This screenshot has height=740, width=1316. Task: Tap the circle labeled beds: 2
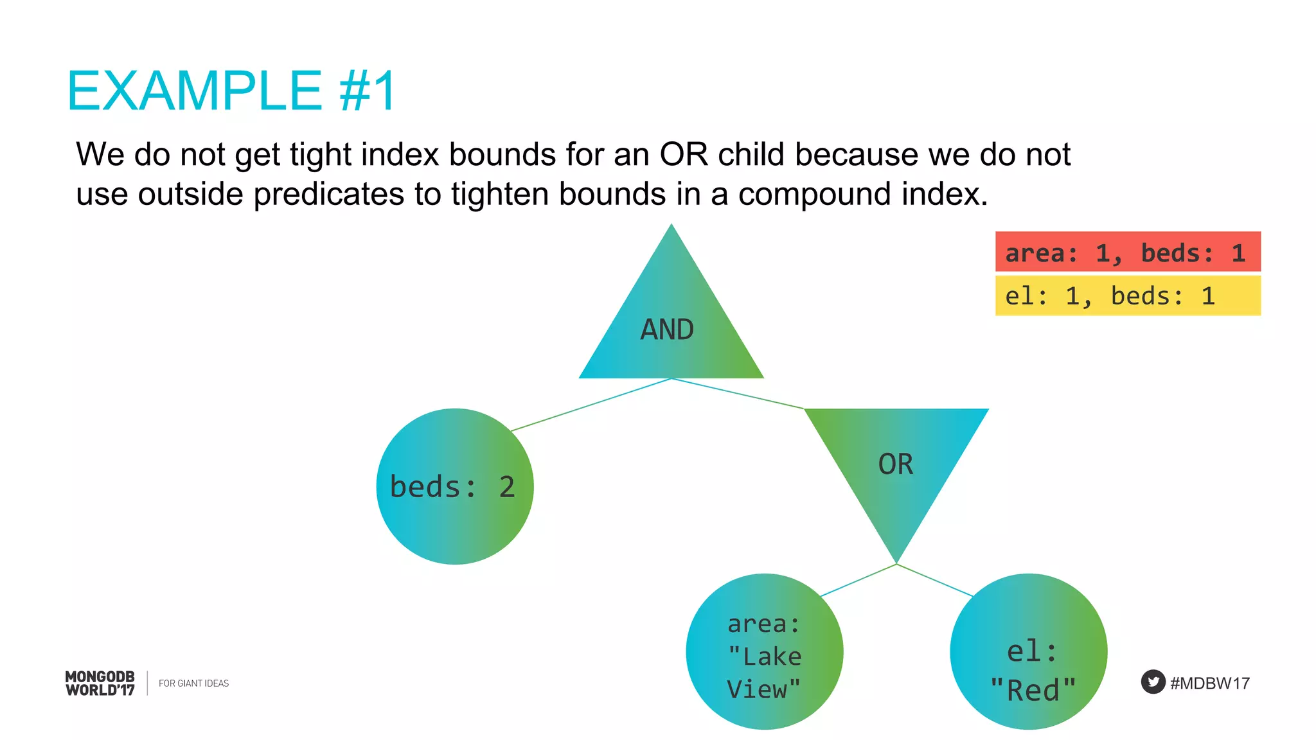454,486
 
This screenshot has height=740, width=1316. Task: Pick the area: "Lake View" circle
764,651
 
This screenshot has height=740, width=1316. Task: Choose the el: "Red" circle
1028,651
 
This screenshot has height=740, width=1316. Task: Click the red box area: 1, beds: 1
1128,252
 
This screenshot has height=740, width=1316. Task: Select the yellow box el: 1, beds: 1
1128,295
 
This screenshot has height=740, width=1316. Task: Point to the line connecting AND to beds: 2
591,405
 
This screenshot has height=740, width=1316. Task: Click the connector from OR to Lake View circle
858,580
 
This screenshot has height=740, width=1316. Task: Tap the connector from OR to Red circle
935,581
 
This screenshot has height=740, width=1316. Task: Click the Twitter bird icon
1153,682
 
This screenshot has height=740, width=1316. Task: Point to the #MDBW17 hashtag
1209,683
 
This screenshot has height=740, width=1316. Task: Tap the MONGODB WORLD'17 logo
100,683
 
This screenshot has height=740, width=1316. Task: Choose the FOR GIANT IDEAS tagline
193,683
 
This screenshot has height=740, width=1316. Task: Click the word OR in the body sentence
684,155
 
